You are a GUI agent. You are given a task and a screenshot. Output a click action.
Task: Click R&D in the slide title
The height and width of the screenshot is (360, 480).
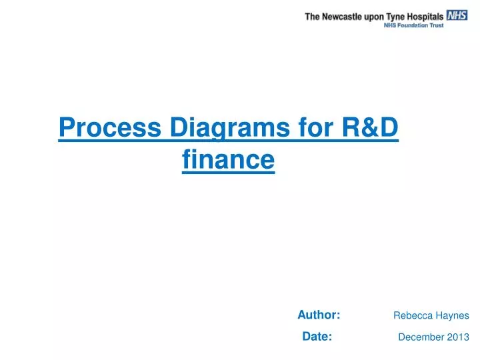click(x=371, y=127)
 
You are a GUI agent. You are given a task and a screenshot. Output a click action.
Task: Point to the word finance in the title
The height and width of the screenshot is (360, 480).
click(x=228, y=160)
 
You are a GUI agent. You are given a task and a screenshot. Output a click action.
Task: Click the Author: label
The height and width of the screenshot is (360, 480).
click(x=319, y=315)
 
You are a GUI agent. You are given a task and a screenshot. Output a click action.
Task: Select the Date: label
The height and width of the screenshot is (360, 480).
click(x=317, y=337)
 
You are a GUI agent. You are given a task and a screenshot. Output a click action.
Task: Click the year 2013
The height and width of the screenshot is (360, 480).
click(x=458, y=337)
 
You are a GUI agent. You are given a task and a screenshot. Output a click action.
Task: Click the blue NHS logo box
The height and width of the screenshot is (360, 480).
click(x=457, y=15)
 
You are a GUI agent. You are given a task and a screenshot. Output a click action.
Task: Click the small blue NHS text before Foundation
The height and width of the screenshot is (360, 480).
click(x=391, y=25)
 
